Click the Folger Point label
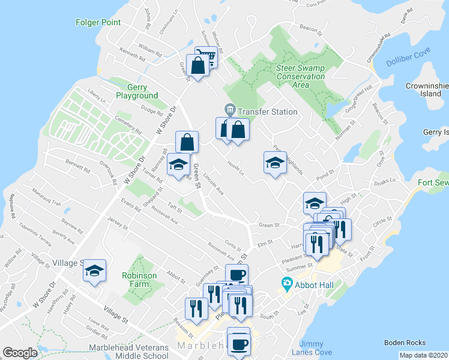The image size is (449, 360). tap(98, 23)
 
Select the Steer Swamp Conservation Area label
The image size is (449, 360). tap(301, 76)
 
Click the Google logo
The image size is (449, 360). tap(20, 353)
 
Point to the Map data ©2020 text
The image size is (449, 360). tap(423, 355)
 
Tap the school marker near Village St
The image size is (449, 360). tap(94, 271)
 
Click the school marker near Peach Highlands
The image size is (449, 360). tap(275, 162)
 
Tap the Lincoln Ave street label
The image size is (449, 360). tap(214, 185)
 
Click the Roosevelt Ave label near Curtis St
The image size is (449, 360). tap(220, 254)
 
